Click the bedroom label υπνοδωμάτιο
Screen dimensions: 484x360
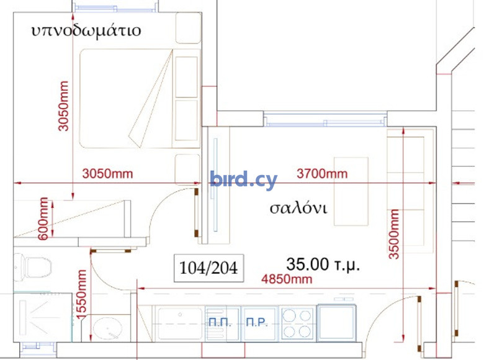[x=86, y=31]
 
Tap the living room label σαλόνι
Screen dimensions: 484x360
[x=298, y=208]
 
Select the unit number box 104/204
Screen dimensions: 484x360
[x=208, y=268]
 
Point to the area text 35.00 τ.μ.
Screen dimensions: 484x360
[x=323, y=264]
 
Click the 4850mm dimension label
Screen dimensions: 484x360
[x=287, y=279]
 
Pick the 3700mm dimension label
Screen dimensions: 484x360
[x=322, y=174]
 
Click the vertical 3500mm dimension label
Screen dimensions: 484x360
[x=394, y=234]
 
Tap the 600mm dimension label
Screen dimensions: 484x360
[x=43, y=218]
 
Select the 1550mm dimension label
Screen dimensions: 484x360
[x=81, y=294]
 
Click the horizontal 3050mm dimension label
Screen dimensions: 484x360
[x=107, y=174]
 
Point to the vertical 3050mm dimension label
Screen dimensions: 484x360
[x=63, y=106]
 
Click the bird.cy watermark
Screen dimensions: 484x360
[x=243, y=179]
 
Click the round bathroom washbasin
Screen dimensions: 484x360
[x=107, y=328]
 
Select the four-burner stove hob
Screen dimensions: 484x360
[x=297, y=323]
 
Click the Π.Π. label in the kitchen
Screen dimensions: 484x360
[x=220, y=322]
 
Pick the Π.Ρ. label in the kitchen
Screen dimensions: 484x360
[x=257, y=322]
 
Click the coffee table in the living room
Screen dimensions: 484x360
[x=351, y=191]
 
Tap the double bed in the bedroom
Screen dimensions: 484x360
[x=140, y=99]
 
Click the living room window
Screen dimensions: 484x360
[x=325, y=120]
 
